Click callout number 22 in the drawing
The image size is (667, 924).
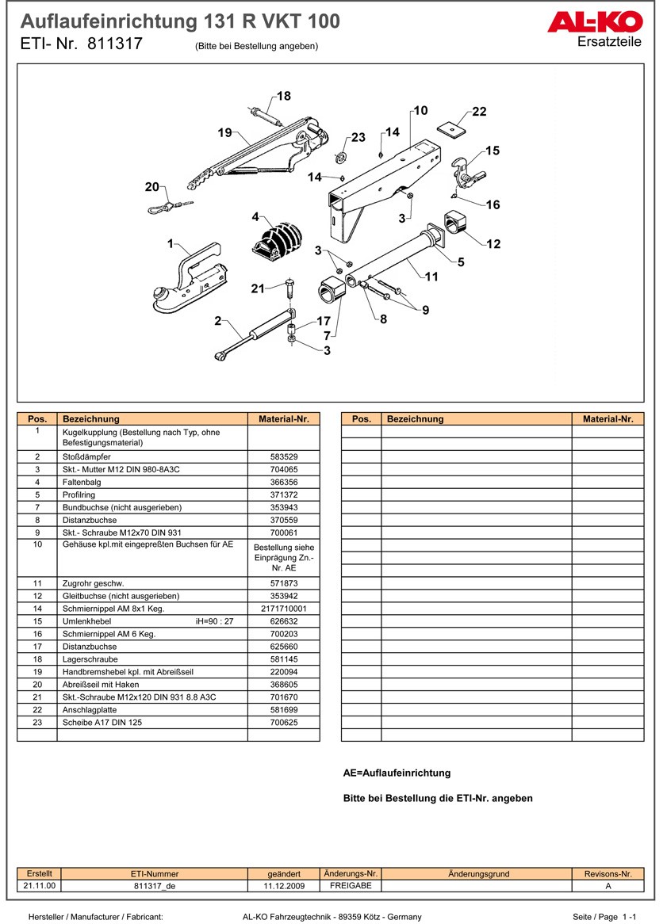click(479, 112)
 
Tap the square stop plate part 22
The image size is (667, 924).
click(451, 128)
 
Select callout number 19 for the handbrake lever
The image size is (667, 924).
click(224, 132)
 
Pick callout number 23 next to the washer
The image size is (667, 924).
click(358, 137)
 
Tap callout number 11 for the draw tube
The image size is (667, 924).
click(431, 277)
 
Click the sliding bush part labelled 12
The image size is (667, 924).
click(456, 223)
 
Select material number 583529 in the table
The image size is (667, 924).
click(283, 457)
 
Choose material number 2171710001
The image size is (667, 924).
click(283, 609)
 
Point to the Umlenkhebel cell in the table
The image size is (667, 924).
click(86, 621)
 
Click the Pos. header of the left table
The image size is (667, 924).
click(37, 419)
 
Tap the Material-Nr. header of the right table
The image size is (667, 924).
click(608, 419)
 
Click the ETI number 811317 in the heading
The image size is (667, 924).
click(115, 44)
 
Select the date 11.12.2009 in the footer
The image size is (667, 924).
click(283, 887)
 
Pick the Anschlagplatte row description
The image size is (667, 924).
click(88, 710)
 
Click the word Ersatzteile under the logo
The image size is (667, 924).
click(610, 42)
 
